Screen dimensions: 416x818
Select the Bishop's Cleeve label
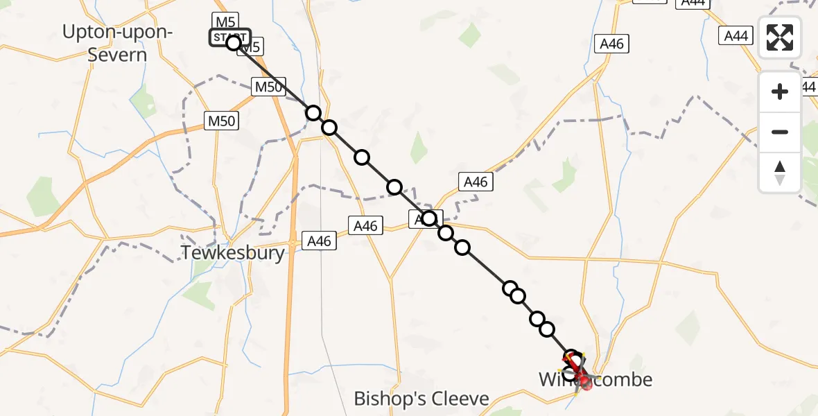(x=421, y=399)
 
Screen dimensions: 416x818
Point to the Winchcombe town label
(x=596, y=379)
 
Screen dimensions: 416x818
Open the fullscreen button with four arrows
(x=780, y=38)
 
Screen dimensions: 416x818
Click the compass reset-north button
(x=780, y=173)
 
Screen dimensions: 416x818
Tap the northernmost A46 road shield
(x=611, y=44)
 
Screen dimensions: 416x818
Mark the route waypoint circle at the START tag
(x=234, y=42)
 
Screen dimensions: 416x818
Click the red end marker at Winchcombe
(x=586, y=382)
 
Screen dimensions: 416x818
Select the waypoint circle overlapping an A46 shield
(x=429, y=219)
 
